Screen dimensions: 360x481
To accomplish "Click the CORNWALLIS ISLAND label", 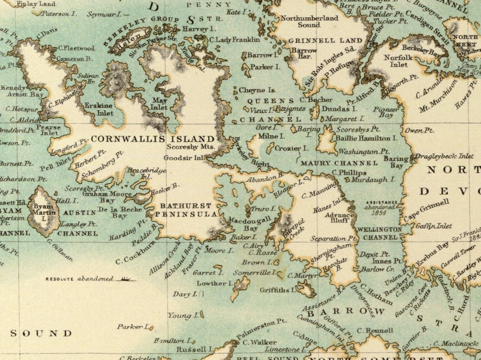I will coord(153,138).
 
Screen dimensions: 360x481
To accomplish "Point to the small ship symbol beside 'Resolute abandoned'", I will coord(125,279).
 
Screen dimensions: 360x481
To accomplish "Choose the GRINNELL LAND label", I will coord(325,41).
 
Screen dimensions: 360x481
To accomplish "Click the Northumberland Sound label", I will coord(309,22).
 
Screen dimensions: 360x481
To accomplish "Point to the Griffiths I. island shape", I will coord(307,290).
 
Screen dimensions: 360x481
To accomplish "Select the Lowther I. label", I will coord(211,283).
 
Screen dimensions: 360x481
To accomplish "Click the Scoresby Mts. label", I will coord(191,147).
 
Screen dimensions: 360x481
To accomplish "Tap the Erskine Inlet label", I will coord(99,109).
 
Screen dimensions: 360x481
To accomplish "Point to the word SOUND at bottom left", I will coord(41,333).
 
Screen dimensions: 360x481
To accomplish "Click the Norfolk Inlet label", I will coord(395,61).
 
